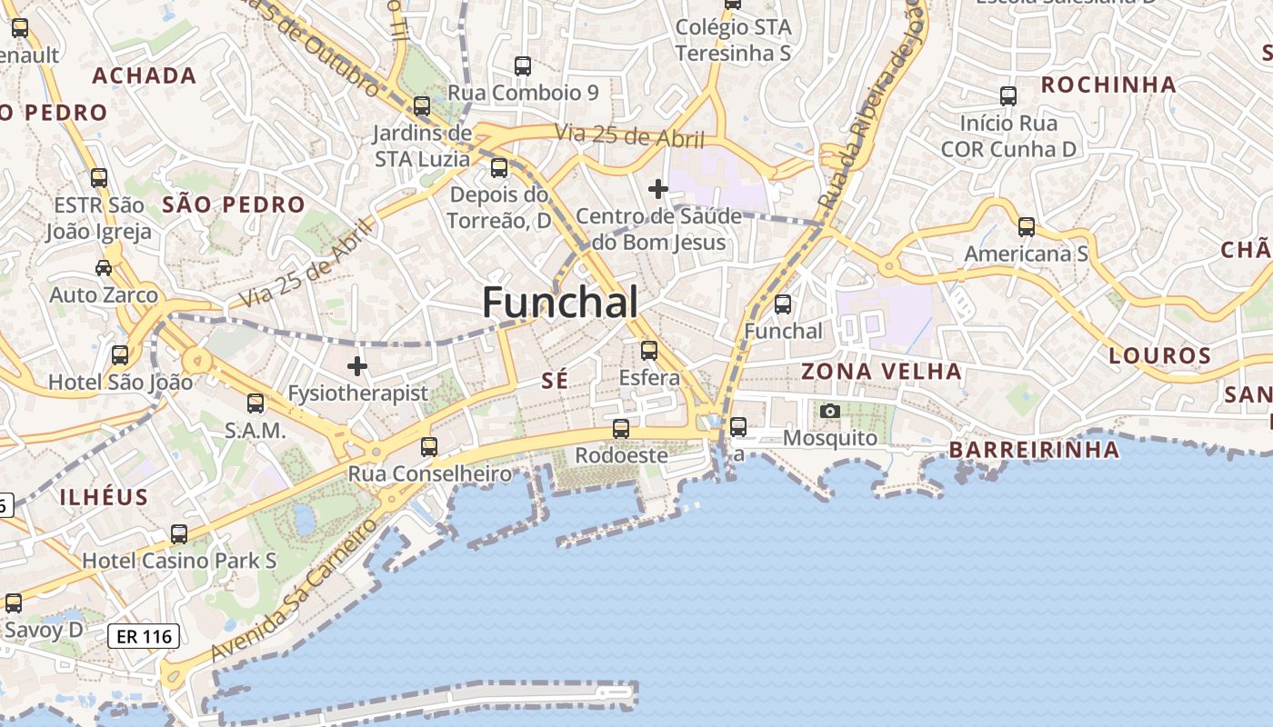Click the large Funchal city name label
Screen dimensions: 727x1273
[559, 302]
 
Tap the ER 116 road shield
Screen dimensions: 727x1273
[145, 636]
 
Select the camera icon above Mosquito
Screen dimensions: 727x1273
[829, 411]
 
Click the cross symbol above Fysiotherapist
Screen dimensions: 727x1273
[357, 366]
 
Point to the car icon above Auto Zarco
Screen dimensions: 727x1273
[104, 268]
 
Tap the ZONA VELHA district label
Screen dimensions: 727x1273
[881, 371]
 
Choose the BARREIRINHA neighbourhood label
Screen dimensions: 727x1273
[1035, 450]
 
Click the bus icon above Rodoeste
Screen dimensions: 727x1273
[621, 428]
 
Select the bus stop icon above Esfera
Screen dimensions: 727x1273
[649, 350]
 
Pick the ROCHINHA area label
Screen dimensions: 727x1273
[1108, 85]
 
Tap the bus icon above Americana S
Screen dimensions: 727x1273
[1027, 226]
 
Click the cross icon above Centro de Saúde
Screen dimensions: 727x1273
[658, 189]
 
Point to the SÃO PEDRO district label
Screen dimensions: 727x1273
[234, 204]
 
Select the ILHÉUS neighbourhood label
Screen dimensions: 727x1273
[104, 497]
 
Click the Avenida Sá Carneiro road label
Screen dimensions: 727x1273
[293, 591]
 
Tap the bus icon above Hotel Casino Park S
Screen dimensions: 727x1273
[179, 533]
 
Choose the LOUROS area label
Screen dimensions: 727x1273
[1160, 355]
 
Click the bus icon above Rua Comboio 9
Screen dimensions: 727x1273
[523, 65]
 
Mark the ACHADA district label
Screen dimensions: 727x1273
[145, 75]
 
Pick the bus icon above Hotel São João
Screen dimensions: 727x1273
[120, 355]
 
